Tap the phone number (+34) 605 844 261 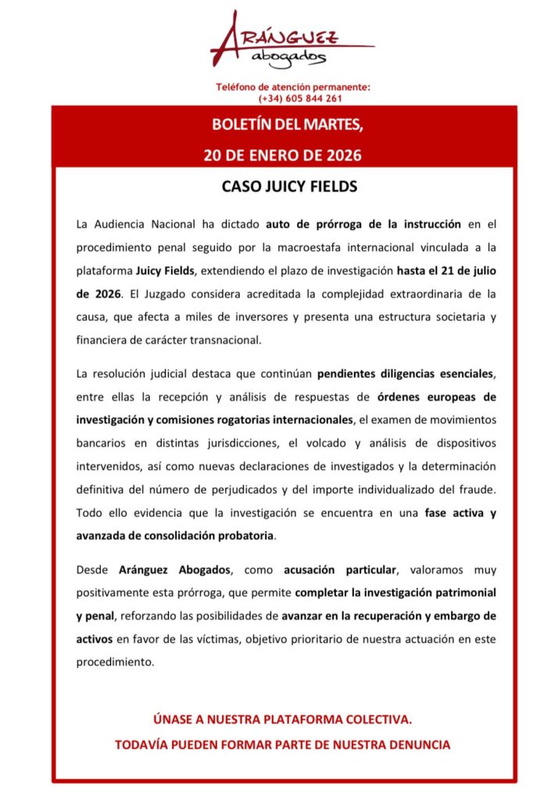point(300,99)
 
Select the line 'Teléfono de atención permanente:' point(293,87)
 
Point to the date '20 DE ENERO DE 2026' point(282,155)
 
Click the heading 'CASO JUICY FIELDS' point(279,189)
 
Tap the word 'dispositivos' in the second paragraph point(462,444)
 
